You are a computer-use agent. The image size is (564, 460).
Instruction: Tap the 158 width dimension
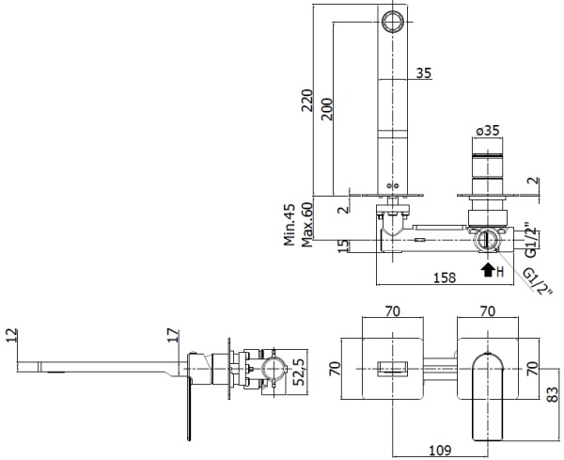tap(446, 277)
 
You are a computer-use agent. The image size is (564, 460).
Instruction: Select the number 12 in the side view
tap(10, 336)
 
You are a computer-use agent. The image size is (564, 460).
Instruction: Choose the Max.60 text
tap(306, 226)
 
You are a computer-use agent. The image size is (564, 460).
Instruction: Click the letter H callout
tap(500, 271)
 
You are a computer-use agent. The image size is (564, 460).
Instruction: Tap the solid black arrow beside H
tap(487, 271)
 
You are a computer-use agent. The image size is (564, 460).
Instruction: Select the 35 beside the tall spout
tap(423, 72)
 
